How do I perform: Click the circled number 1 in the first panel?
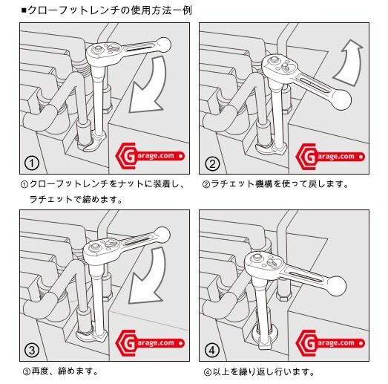click(32, 163)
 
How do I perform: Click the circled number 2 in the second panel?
click(212, 163)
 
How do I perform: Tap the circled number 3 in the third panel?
click(32, 350)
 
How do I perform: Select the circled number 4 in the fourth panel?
click(212, 350)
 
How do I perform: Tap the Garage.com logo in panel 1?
click(150, 156)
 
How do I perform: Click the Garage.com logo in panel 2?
click(330, 157)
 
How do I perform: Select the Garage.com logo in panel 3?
click(150, 343)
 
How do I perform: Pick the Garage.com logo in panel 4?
click(330, 343)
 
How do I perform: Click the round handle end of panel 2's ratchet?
click(341, 100)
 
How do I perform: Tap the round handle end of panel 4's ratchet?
click(336, 285)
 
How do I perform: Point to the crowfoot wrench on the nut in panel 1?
click(95, 143)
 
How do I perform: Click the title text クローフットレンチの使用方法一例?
click(110, 10)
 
